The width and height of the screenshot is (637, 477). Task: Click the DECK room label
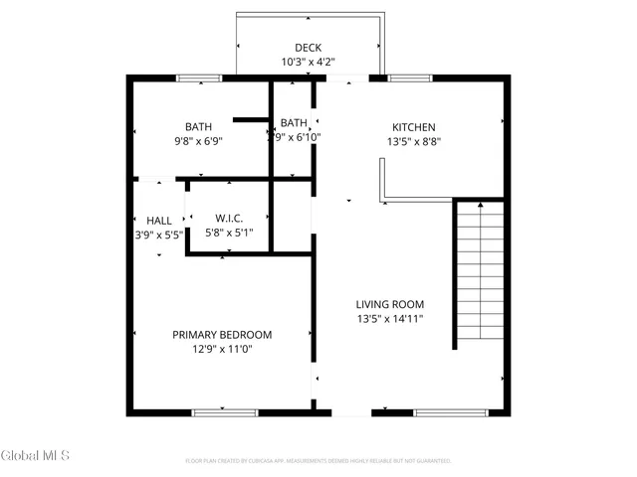308,48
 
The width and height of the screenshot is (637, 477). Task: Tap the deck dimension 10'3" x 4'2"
308,62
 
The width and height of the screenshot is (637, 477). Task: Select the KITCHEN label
413,127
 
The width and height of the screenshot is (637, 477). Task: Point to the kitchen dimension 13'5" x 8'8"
413,141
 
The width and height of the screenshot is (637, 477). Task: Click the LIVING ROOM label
390,305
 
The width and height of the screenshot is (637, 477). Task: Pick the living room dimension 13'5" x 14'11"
390,319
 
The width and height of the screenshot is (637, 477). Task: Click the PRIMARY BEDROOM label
222,335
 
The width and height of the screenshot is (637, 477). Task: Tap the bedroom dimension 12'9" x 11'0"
222,349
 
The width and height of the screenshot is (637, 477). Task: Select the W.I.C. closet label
229,219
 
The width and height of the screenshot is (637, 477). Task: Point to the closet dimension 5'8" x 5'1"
229,233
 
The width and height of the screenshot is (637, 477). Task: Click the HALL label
159,221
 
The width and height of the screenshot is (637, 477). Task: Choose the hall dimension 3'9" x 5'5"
159,235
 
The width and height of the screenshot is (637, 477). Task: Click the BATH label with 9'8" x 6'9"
198,127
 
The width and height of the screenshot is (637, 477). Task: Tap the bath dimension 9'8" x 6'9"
198,141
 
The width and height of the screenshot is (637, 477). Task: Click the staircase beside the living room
479,273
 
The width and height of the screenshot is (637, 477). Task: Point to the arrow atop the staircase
479,205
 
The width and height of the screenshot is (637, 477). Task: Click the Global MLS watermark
35,456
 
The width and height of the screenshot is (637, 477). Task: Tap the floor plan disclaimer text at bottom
318,461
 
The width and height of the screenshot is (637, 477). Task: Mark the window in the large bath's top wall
198,78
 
